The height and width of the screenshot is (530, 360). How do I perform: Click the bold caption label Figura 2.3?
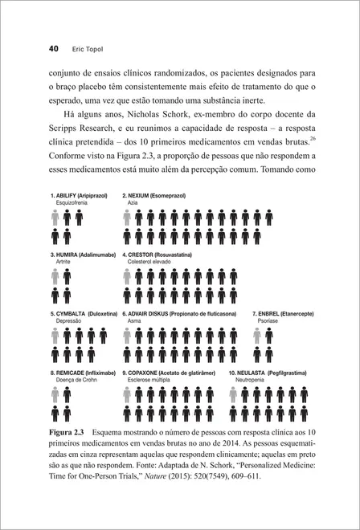click(68, 434)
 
